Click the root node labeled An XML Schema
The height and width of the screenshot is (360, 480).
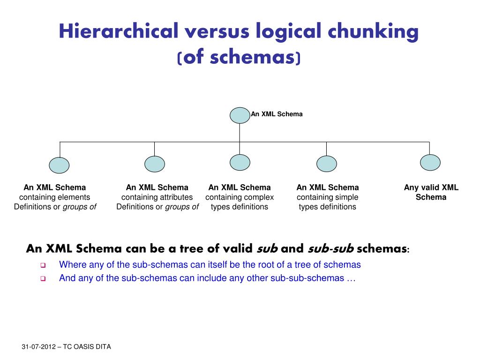tap(240, 115)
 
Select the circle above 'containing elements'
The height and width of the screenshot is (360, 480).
tap(59, 165)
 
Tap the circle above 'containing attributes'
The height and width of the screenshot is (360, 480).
tap(155, 164)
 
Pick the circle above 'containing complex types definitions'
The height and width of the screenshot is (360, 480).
tap(240, 162)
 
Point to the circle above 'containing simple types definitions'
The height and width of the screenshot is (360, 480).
tap(327, 164)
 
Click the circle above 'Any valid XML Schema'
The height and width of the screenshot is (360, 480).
tap(430, 162)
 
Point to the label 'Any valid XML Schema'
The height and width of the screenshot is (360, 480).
tap(431, 192)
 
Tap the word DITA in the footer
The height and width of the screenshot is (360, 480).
tap(103, 347)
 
